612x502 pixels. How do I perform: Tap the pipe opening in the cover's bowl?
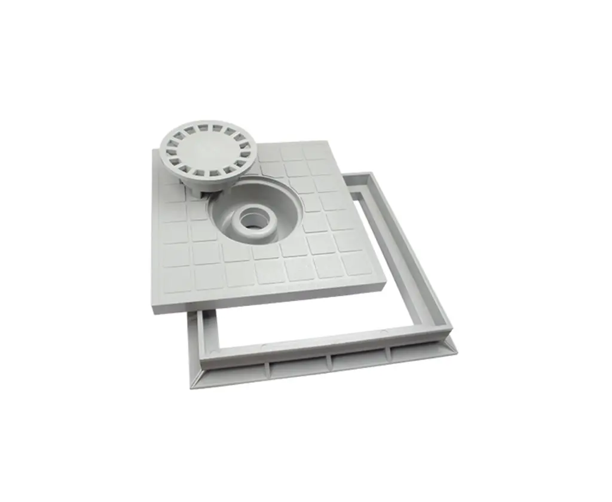(x=250, y=220)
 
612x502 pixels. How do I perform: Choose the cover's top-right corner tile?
(x=316, y=151)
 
